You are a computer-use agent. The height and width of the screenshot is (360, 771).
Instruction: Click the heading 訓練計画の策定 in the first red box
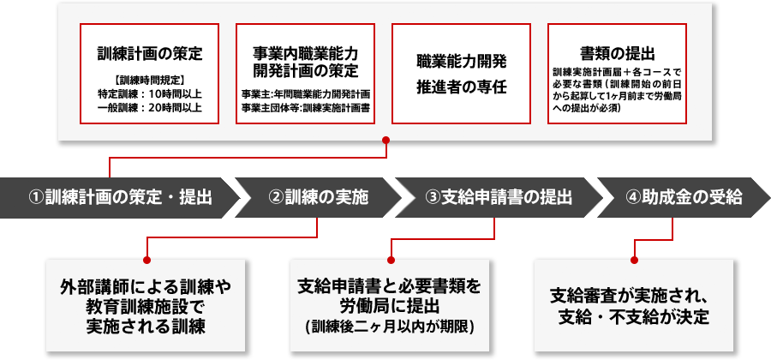coord(150,53)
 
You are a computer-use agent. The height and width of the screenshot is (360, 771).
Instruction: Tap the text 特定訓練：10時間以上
coord(150,93)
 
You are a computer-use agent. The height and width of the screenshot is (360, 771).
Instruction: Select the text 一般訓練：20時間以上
coord(150,107)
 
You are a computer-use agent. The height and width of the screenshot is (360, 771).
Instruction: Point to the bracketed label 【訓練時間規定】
coord(150,80)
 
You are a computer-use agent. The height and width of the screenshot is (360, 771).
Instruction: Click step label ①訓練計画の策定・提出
coord(120,196)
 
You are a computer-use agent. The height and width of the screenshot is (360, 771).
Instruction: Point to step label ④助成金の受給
coord(684,196)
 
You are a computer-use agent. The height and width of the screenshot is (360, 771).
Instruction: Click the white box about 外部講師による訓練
coord(146,305)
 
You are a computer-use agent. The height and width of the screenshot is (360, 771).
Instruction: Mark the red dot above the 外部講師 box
coord(146,256)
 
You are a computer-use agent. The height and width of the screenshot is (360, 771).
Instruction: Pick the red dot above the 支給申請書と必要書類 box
coord(391,256)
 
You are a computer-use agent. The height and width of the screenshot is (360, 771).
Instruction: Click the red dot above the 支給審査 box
coord(634,256)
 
